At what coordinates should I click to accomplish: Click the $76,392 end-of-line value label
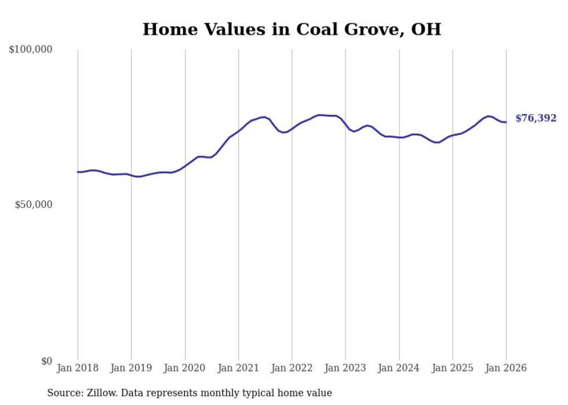click(x=536, y=118)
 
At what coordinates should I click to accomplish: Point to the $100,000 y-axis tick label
click(x=31, y=50)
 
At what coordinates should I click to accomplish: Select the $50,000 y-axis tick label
click(x=33, y=205)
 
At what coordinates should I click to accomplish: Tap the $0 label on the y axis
click(x=46, y=362)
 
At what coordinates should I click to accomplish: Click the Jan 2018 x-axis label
click(x=78, y=368)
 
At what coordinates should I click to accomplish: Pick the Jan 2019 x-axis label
click(x=132, y=368)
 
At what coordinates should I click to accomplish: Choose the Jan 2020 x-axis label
click(x=185, y=368)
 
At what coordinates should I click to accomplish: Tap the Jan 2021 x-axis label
click(x=238, y=368)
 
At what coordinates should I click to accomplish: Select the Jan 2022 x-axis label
click(x=292, y=368)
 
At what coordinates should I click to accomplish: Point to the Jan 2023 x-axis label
click(x=345, y=368)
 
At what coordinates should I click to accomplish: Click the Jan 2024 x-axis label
click(x=399, y=368)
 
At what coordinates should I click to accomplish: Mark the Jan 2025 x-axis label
click(x=453, y=368)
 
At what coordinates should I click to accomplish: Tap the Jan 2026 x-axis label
click(x=506, y=368)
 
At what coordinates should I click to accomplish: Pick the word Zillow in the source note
click(x=99, y=393)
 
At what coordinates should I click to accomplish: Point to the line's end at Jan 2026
click(x=506, y=122)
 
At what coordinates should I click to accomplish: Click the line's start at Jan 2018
click(x=78, y=172)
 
